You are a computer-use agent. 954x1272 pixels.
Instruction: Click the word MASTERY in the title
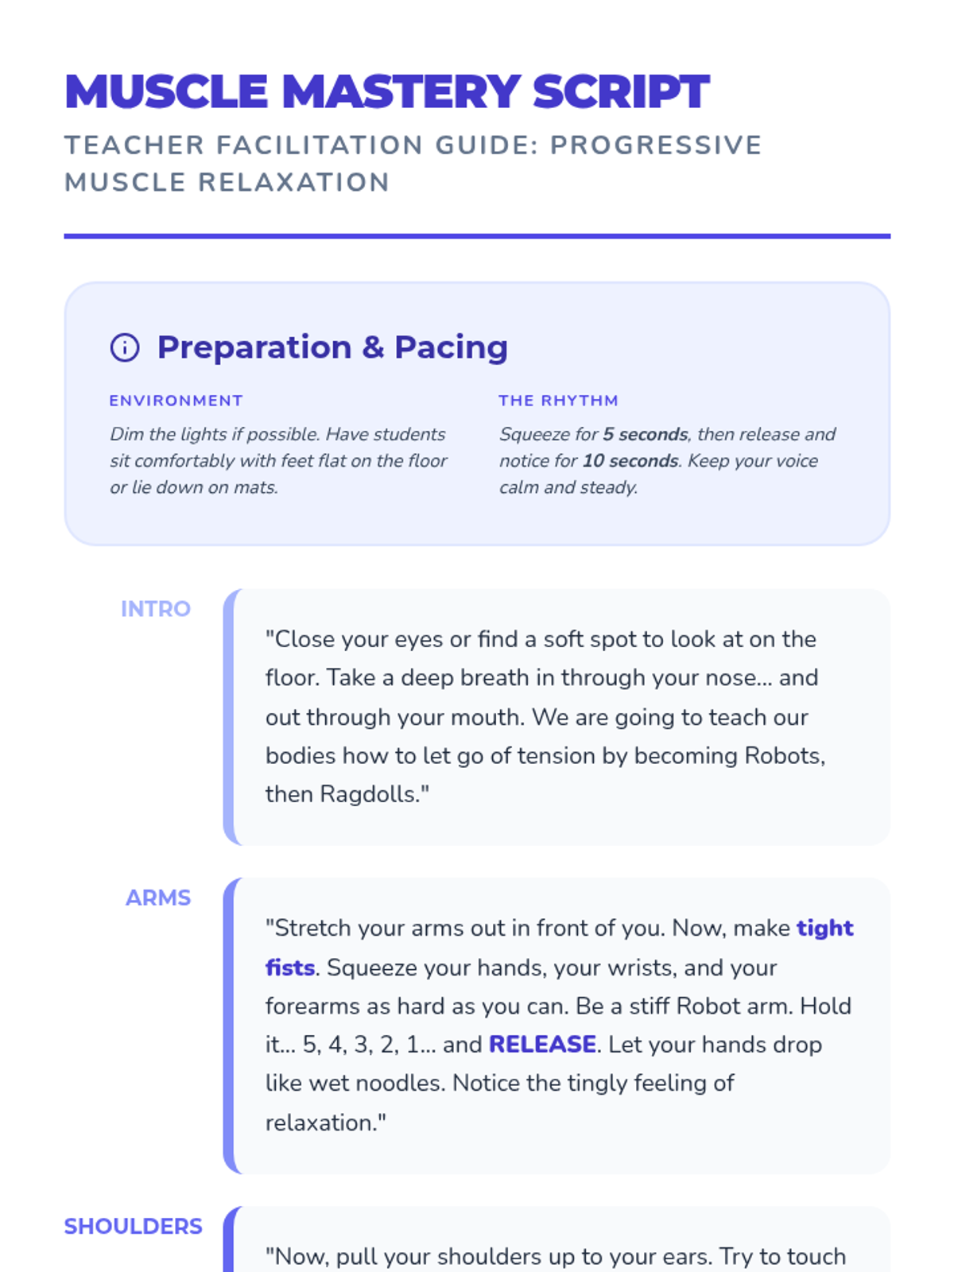tap(401, 91)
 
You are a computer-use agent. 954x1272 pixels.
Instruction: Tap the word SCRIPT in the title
tap(621, 91)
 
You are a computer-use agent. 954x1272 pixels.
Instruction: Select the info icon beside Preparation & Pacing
tap(125, 347)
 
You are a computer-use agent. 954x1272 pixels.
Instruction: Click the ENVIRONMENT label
tap(176, 401)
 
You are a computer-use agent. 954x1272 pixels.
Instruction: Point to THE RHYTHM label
tap(558, 401)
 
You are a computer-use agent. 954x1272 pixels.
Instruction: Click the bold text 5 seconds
tap(645, 434)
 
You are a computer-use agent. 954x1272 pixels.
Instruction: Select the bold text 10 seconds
tap(630, 461)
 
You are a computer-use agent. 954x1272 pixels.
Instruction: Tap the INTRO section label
tap(156, 609)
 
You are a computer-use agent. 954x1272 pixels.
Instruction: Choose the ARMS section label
tap(158, 898)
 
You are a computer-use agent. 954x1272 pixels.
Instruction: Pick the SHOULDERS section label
tap(133, 1226)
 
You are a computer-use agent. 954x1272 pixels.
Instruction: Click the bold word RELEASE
tap(542, 1045)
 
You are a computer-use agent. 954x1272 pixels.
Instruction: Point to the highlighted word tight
tap(824, 929)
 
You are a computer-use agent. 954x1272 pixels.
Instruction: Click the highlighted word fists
tap(290, 968)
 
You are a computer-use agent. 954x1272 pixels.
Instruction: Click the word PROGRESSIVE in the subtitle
tap(656, 145)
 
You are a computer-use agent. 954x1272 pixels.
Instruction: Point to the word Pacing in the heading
tap(451, 347)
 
